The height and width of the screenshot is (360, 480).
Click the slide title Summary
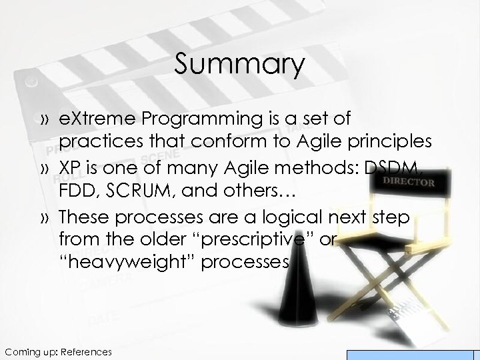pos(239,65)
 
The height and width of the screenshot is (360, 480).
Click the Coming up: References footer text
pos(58,351)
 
